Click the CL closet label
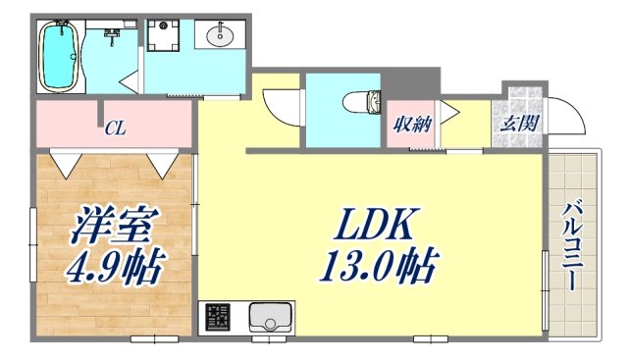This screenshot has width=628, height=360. [x=115, y=128]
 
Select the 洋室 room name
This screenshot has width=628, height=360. [x=112, y=229]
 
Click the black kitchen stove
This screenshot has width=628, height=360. [x=218, y=318]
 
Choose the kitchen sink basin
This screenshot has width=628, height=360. [x=270, y=318]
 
